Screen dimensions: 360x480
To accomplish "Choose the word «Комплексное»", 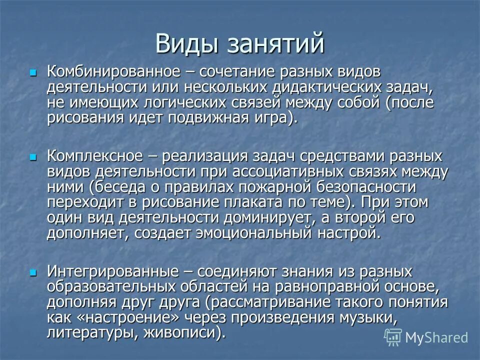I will point(95,156).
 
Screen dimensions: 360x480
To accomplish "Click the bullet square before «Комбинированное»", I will point(33,72).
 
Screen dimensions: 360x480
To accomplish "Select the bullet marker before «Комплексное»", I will point(33,157).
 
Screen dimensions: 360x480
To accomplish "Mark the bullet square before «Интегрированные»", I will point(33,273).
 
